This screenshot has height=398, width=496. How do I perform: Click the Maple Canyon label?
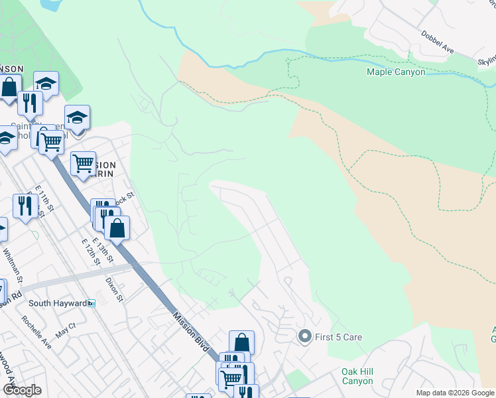[396, 72]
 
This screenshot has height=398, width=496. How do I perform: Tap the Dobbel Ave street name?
[436, 40]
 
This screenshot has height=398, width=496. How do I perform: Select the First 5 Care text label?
[338, 337]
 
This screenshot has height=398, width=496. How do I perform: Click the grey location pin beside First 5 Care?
[304, 337]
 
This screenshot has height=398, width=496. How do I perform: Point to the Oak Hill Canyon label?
[357, 376]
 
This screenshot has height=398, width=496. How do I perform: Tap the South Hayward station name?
[57, 303]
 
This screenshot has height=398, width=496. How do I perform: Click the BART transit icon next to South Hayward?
[92, 303]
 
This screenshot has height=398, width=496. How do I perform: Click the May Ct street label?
[66, 331]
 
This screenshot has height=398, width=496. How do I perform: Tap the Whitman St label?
[13, 265]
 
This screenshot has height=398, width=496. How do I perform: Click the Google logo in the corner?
[22, 390]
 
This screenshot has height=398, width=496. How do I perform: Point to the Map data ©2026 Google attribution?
[454, 393]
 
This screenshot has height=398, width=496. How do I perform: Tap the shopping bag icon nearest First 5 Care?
[242, 343]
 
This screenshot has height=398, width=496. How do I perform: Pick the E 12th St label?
[90, 252]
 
